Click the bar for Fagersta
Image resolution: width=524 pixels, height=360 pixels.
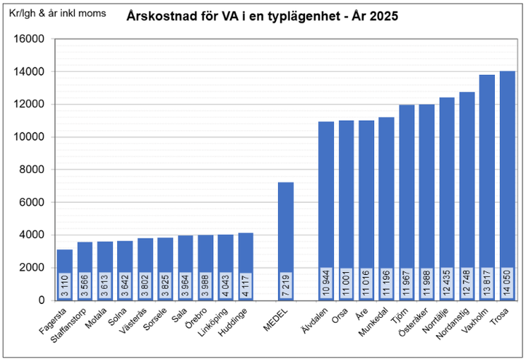[65, 262]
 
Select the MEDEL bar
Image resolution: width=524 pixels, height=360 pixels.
[286, 233]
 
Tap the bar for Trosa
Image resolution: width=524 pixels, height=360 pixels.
[507, 182]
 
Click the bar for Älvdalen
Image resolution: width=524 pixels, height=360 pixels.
[326, 204]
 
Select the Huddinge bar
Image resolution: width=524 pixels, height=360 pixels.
[246, 255]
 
